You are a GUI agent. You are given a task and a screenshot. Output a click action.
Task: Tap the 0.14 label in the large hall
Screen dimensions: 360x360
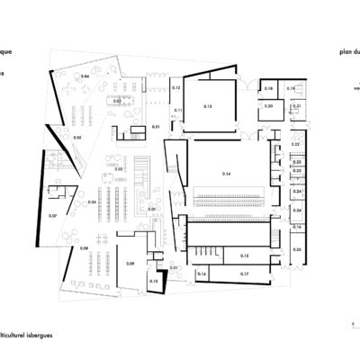tap(226, 171)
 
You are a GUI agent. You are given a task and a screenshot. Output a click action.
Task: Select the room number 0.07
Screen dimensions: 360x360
tap(52, 216)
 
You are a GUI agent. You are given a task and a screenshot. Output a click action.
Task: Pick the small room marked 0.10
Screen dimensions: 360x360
tap(153, 282)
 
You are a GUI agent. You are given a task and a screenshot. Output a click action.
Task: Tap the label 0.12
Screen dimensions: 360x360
tap(177, 88)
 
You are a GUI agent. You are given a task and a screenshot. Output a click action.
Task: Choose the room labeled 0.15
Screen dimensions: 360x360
tap(219, 255)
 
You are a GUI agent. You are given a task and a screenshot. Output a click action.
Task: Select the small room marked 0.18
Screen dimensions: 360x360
tap(269, 88)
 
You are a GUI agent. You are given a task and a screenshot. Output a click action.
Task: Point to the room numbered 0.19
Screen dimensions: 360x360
tap(291, 88)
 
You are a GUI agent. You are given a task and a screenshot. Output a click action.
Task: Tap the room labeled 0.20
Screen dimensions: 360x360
tap(268, 106)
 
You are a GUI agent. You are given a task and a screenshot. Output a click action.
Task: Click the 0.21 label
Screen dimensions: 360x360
tap(297, 106)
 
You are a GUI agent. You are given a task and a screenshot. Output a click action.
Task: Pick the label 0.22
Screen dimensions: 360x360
tap(297, 144)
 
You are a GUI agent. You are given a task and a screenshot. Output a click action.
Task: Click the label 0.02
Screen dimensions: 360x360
tap(119, 168)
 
